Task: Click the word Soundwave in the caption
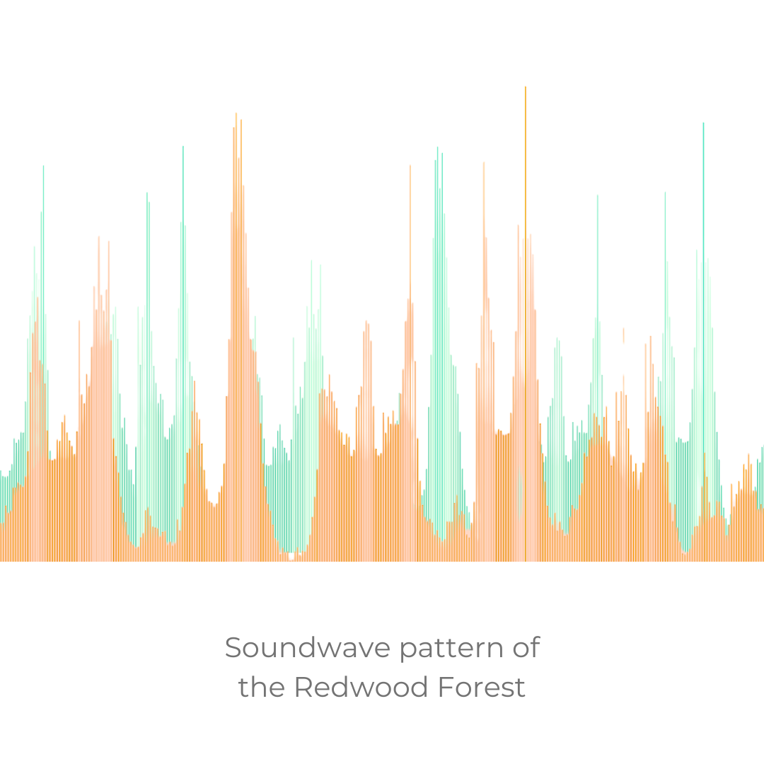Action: pyautogui.click(x=308, y=647)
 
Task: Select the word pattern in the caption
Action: pyautogui.click(x=451, y=650)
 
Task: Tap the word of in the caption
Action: pyautogui.click(x=526, y=647)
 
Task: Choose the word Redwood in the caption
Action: pyautogui.click(x=361, y=687)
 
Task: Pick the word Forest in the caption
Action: pyautogui.click(x=482, y=687)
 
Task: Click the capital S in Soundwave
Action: pyautogui.click(x=233, y=648)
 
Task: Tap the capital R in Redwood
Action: pyautogui.click(x=304, y=688)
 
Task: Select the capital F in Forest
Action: pyautogui.click(x=446, y=688)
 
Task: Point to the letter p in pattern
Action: pyautogui.click(x=409, y=653)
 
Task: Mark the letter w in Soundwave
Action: pyautogui.click(x=337, y=651)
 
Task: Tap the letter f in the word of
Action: pyautogui.click(x=535, y=647)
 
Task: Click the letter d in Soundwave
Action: pyautogui.click(x=311, y=647)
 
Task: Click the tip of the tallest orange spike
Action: pyautogui.click(x=525, y=87)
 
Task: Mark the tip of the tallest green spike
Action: pyautogui.click(x=703, y=123)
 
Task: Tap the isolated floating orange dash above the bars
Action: pyautogui.click(x=624, y=336)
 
